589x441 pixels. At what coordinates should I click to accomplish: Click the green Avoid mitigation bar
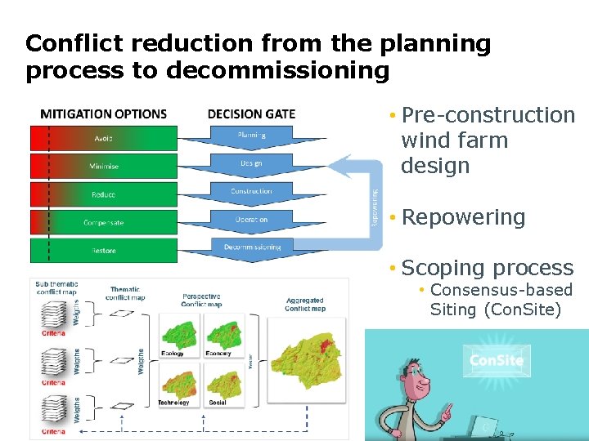(104, 137)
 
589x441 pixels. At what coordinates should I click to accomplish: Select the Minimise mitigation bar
(104, 166)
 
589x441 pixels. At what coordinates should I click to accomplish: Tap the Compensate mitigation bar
(104, 222)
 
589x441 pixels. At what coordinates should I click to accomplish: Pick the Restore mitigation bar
(104, 251)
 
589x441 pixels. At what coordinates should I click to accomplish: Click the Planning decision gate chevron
(251, 136)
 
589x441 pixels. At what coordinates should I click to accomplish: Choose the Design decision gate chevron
(251, 164)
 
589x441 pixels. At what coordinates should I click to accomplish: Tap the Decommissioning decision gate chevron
(251, 247)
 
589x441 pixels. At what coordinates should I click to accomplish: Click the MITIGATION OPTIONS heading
(103, 114)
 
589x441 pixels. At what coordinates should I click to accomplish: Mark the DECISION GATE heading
(251, 114)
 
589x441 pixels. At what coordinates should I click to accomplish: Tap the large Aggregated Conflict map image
(303, 359)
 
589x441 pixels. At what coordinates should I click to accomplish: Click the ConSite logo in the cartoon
(497, 360)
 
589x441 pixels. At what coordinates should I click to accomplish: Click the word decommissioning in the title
(278, 70)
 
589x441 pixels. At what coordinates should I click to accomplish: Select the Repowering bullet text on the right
(463, 217)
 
